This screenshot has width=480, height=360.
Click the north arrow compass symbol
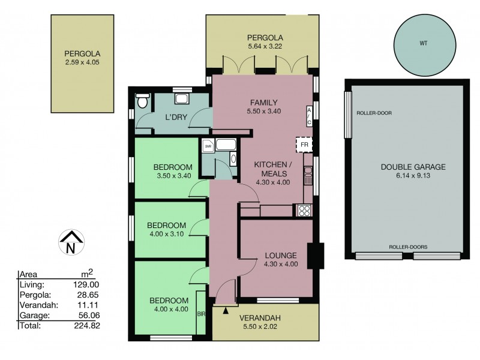point(70,242)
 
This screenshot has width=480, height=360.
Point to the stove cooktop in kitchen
point(304,210)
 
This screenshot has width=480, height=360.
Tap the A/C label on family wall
point(309,116)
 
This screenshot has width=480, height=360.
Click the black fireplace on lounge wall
point(314,255)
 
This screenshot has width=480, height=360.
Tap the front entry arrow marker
point(226,310)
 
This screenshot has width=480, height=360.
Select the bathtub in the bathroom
point(226,145)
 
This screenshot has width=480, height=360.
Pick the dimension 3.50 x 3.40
point(172,177)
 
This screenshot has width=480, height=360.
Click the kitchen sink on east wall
point(308,176)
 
